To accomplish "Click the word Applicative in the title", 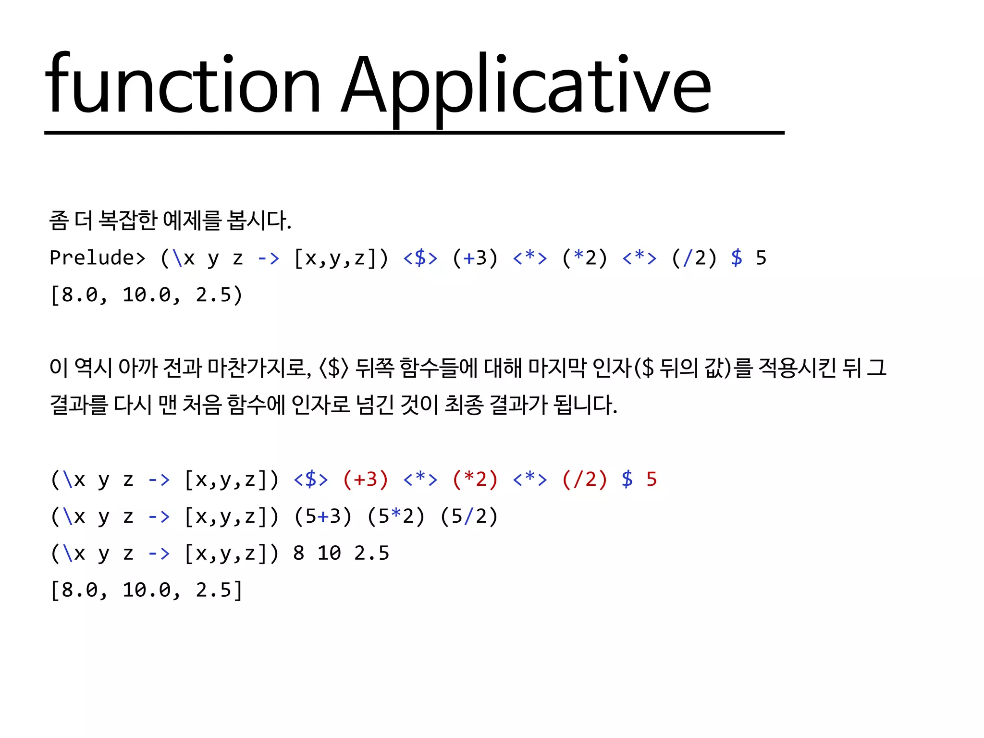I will [x=526, y=86].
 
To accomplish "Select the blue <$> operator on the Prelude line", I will [x=420, y=258].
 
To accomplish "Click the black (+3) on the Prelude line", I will [x=475, y=258].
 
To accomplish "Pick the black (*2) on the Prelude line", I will [x=585, y=258].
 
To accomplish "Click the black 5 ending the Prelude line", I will [x=761, y=258].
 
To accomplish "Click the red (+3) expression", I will [x=366, y=480].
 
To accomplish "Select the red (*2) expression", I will [x=475, y=480].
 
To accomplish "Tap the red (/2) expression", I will [x=585, y=480].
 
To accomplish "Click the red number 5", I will [x=652, y=480].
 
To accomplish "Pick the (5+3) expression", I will [x=323, y=517].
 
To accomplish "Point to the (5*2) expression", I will [x=396, y=517].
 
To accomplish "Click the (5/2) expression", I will [x=469, y=517].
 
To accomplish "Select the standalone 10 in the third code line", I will [x=329, y=553].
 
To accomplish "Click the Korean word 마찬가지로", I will [x=259, y=368].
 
